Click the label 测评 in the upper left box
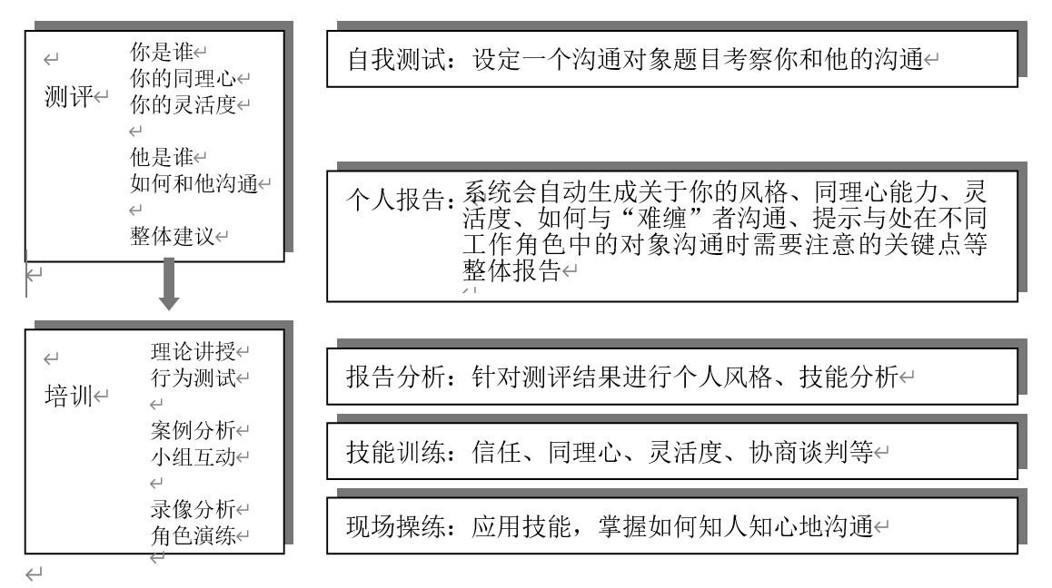coord(68,96)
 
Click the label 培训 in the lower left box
coord(68,396)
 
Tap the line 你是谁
coord(161,52)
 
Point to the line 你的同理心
coord(183,78)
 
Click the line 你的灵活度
coord(183,104)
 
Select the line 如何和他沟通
coord(194,183)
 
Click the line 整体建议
coord(172,236)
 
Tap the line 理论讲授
coord(194,351)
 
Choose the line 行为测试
coord(194,377)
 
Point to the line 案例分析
coord(194,430)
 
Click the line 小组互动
coord(194,456)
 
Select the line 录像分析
coord(194,509)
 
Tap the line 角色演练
coord(194,535)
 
